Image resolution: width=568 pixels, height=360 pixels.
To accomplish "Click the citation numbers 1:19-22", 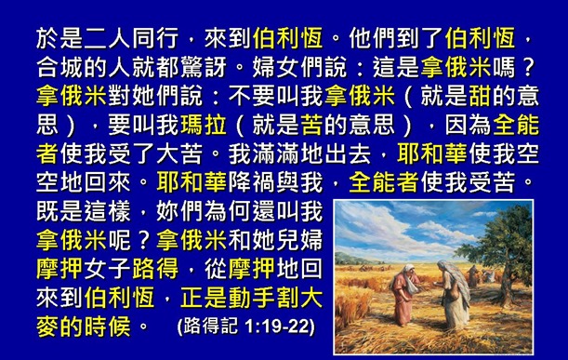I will (x=279, y=327).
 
